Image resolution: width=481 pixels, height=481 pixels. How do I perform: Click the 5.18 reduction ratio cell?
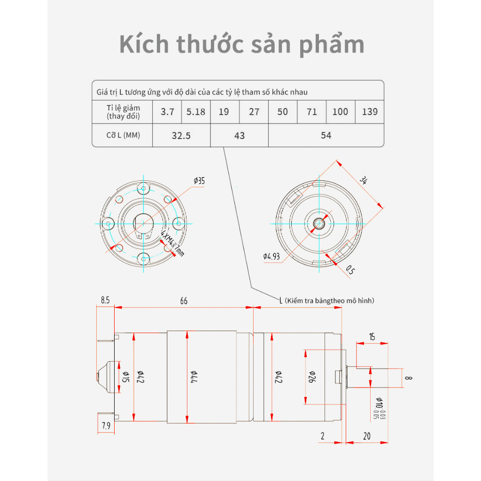coord(196,112)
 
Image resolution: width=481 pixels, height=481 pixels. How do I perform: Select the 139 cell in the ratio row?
coord(370,112)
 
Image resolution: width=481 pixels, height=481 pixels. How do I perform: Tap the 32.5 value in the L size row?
coord(181,136)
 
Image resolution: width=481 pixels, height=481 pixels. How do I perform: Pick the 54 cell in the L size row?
coord(326,136)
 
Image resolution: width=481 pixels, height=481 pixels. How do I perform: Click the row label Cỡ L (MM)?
coord(123,136)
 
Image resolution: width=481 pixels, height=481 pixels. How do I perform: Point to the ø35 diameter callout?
coord(199,180)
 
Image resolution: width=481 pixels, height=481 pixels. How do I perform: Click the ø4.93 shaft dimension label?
coord(272,256)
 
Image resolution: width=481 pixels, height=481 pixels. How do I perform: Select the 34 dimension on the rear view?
coord(364,180)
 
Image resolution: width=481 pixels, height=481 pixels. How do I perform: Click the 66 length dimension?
coord(184,301)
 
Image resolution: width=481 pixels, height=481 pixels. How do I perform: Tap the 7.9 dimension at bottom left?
coord(106,426)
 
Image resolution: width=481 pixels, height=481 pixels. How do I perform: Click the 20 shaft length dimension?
coord(366,436)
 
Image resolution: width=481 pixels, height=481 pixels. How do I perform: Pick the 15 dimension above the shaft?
coord(372,336)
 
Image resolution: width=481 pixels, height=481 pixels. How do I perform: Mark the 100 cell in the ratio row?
coord(340,112)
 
